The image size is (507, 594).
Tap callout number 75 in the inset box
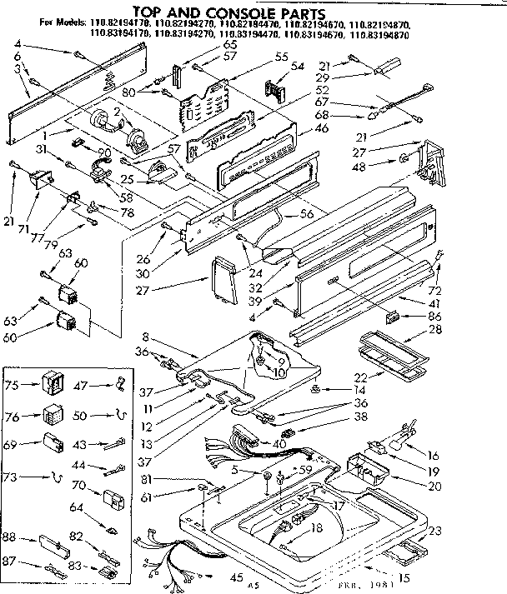tap(12, 385)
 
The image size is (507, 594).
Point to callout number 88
tap(11, 537)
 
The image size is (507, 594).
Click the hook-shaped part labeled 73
tap(55, 477)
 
